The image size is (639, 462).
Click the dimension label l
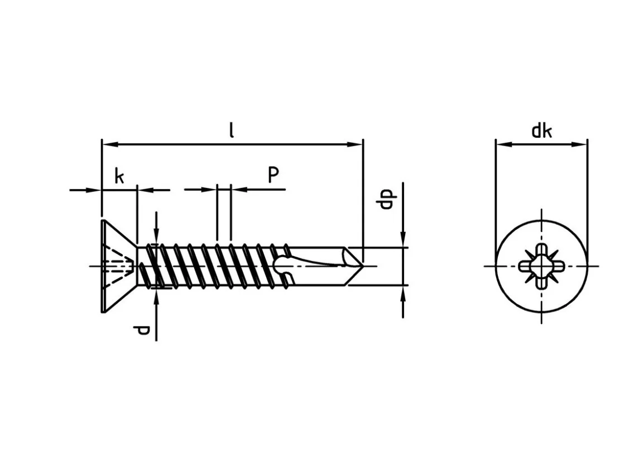232,131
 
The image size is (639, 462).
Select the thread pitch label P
273,175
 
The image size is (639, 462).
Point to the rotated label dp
387,199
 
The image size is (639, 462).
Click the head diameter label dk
541,131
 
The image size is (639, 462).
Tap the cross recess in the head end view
541,266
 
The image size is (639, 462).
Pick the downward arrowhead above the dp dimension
403,239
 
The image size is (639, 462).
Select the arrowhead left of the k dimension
93,190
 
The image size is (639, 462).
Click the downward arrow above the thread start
156,228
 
